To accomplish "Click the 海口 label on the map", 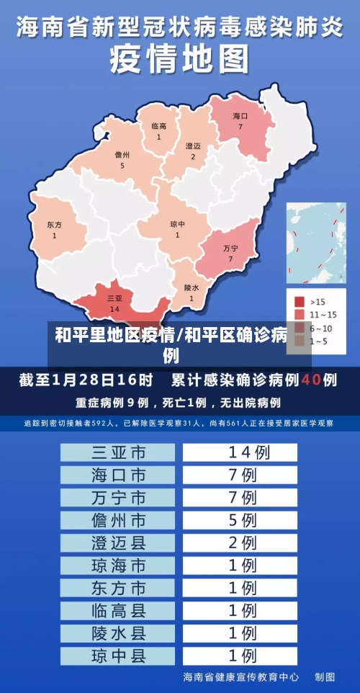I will click(240, 116).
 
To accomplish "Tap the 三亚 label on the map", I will click(114, 298).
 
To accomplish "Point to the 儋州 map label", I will click(122, 155).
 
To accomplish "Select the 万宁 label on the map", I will click(230, 248).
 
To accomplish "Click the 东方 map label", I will click(54, 225).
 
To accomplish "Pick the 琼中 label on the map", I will click(177, 224).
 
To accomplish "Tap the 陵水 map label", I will click(192, 287).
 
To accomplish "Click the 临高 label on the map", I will click(159, 127).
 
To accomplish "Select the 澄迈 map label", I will click(193, 146).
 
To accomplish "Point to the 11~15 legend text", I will click(323, 314).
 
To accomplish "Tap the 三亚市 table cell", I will click(118, 452).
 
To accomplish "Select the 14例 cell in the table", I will click(240, 452).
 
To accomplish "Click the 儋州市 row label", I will click(118, 519).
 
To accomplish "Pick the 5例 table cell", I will click(240, 519).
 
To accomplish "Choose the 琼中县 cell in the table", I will click(118, 656).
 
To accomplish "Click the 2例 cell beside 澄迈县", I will click(240, 542).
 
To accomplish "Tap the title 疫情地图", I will click(179, 60).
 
